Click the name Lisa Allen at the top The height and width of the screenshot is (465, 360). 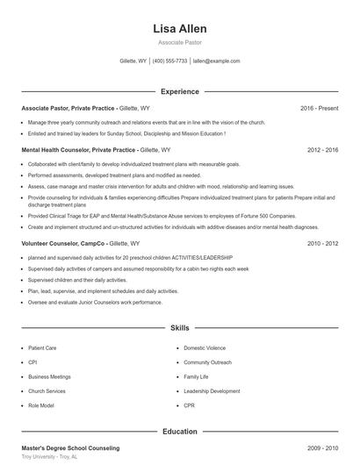point(179,29)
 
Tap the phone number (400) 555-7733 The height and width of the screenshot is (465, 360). point(170,61)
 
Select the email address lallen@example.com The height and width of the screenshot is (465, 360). point(216,61)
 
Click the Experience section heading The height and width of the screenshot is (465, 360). point(179,91)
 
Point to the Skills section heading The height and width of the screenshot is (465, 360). point(179,327)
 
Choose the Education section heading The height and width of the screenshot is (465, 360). point(179,432)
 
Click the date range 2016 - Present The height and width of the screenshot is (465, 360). point(319,108)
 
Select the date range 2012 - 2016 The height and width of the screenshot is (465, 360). point(322,150)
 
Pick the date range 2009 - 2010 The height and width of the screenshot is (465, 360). point(322,448)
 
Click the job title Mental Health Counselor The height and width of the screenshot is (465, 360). point(60,150)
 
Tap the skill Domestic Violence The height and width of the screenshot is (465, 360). point(205,347)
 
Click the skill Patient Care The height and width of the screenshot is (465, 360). point(42,347)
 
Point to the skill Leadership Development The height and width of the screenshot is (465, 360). point(212,391)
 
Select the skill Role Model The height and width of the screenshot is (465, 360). point(40,405)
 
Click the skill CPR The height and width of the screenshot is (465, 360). point(189,405)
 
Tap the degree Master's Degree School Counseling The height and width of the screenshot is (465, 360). point(70,448)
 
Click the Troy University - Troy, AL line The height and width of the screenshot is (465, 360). point(50,458)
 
